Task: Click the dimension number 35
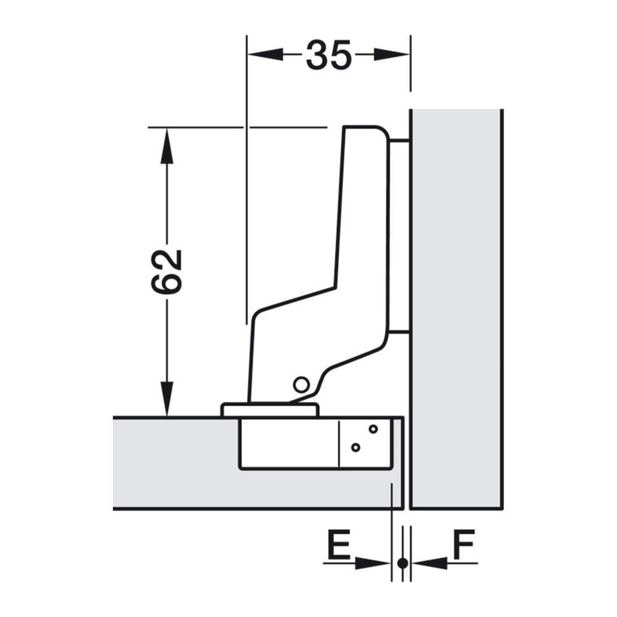pos(329,55)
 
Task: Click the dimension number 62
pos(167,272)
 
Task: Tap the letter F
pos(464,545)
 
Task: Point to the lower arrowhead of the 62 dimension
pos(167,398)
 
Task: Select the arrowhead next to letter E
pos(373,563)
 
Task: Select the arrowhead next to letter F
pos(429,563)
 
